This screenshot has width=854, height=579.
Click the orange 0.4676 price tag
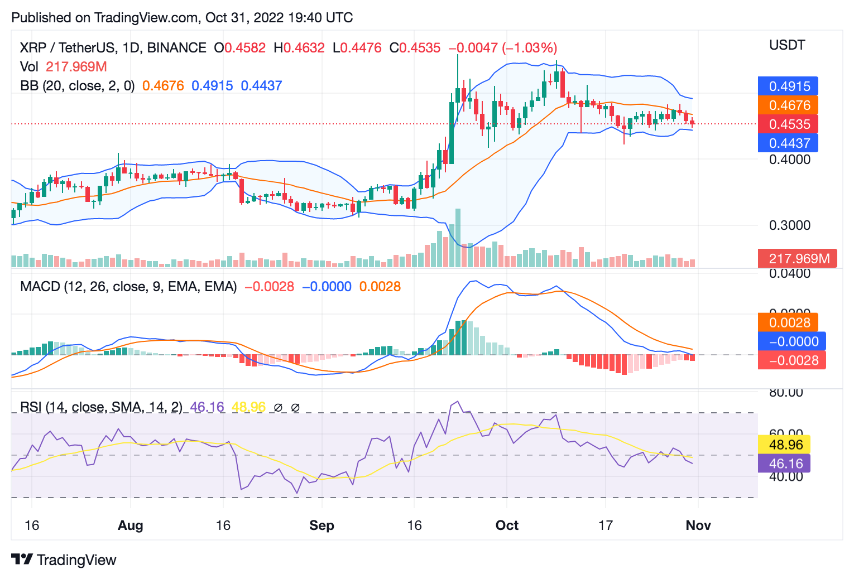click(788, 105)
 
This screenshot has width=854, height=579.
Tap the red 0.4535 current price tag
click(788, 124)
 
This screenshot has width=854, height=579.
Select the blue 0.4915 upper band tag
click(788, 86)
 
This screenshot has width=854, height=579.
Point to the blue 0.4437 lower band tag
click(788, 143)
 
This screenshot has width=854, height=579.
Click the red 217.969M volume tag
click(798, 259)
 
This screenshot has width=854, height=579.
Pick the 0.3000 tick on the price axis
click(789, 225)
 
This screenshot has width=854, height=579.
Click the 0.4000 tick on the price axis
click(789, 160)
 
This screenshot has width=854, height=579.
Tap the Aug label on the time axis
click(131, 525)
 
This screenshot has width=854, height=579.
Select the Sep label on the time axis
click(322, 525)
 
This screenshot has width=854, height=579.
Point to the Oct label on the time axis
click(507, 525)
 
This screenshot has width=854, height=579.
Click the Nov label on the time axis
click(698, 525)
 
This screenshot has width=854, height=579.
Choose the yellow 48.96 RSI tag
click(785, 445)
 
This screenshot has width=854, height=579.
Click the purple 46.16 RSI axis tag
click(785, 464)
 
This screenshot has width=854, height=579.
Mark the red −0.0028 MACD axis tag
click(792, 360)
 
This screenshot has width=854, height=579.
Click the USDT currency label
click(787, 45)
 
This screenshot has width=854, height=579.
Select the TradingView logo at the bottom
click(64, 560)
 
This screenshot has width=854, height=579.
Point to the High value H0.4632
click(299, 48)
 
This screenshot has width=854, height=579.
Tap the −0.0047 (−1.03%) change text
click(502, 48)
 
